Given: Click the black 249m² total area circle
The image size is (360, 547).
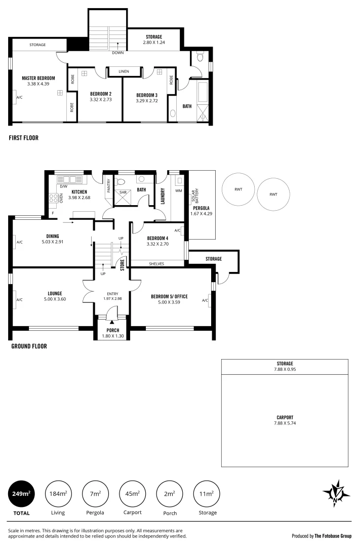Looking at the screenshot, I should [x=21, y=493].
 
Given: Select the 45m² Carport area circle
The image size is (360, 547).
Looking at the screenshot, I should [x=133, y=493].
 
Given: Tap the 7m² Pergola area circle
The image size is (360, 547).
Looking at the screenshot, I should [x=95, y=493].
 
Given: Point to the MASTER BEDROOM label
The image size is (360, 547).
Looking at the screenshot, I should [x=38, y=79].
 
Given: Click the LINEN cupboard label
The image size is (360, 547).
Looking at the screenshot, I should [x=124, y=72].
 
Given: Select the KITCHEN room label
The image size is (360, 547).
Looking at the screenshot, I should [x=80, y=192].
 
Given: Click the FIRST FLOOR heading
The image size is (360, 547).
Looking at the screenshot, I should [x=23, y=138].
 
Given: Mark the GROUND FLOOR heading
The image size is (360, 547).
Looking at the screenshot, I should [x=29, y=346].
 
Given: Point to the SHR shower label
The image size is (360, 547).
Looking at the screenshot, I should [x=123, y=192].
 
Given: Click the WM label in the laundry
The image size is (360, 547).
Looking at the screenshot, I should [x=178, y=191].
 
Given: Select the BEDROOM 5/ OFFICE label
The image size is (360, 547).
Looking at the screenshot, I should [x=169, y=296].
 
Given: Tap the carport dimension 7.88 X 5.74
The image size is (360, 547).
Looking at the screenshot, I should [x=284, y=423].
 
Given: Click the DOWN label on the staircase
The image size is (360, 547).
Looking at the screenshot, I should [x=117, y=52].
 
